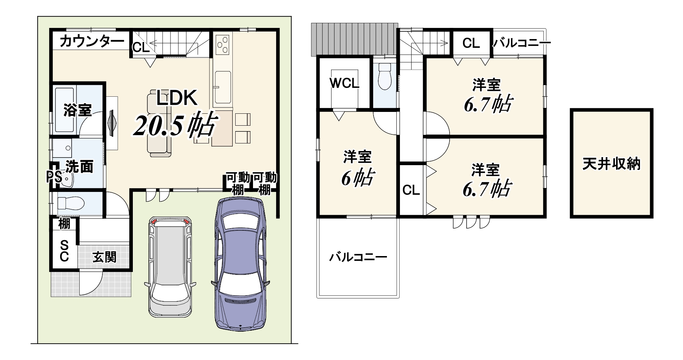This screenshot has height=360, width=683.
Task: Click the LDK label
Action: pos(177,98)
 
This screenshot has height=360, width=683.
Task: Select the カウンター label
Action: pos(92,42)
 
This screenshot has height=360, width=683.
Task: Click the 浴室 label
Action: pos(77,110)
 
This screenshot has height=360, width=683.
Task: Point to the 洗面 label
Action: pos(80,167)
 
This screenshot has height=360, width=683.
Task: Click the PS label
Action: pos(54,177)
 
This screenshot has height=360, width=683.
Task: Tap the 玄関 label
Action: pos(104,257)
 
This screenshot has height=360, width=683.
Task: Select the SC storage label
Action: pos(64,251)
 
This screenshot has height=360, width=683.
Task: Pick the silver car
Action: pos(170,267)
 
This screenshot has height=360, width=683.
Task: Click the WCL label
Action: pos(344,84)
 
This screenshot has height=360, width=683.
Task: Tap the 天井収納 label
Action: pos(611,164)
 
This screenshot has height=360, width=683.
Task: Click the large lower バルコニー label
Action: pos(358,258)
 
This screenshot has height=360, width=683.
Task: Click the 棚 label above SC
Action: pos(64,224)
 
